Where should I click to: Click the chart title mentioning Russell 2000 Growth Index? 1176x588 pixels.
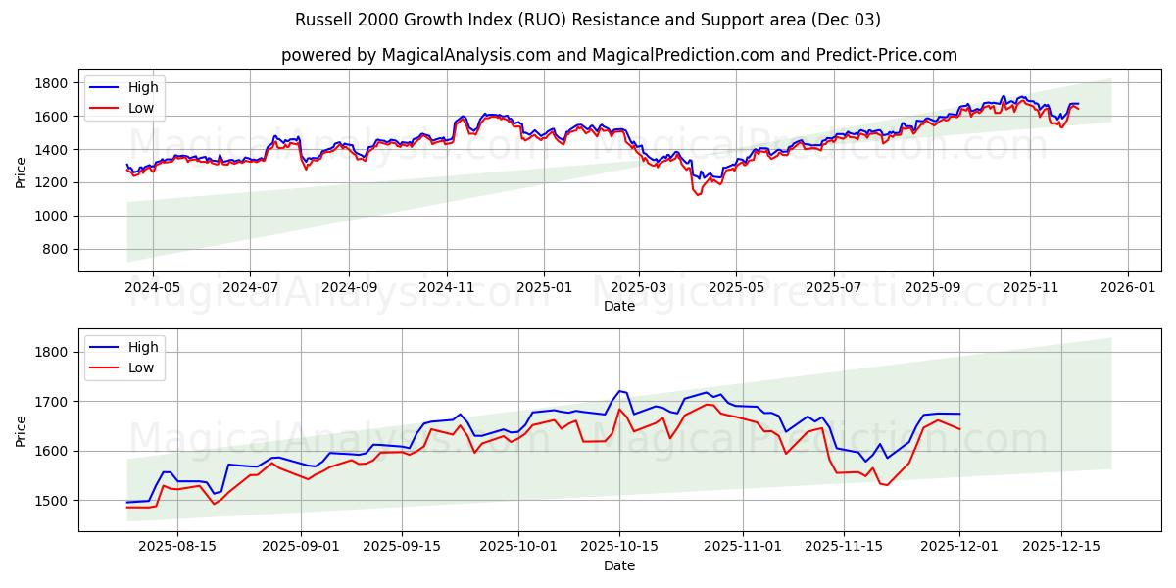(x=587, y=20)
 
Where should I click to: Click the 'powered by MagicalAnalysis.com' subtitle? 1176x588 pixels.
(x=618, y=55)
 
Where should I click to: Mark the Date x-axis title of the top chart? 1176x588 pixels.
(x=618, y=306)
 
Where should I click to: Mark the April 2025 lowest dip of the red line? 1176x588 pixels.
(x=699, y=195)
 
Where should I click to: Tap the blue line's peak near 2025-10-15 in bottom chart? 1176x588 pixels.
(x=619, y=391)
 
